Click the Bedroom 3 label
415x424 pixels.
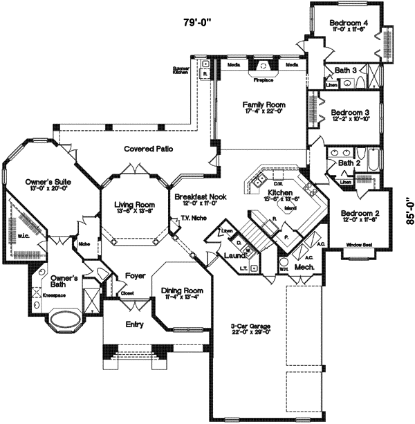pos(349,112)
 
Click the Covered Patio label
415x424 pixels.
pos(148,149)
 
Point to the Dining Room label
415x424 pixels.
pos(182,291)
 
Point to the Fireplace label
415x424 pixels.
pos(264,80)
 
